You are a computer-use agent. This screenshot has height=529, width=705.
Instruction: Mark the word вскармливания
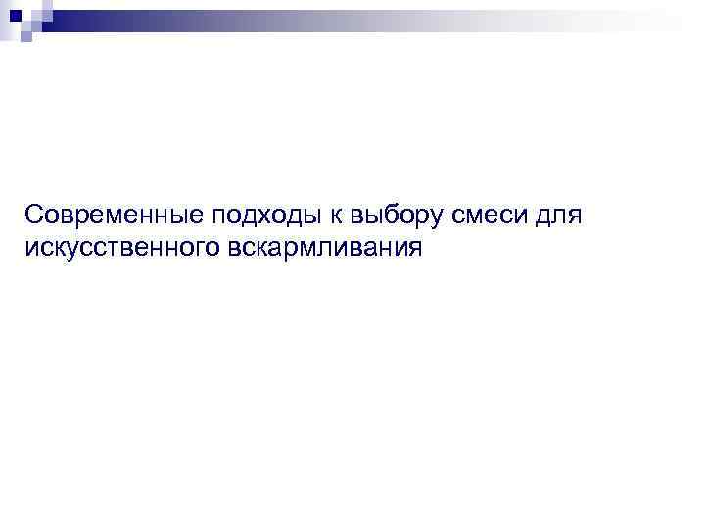[x=325, y=248]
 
